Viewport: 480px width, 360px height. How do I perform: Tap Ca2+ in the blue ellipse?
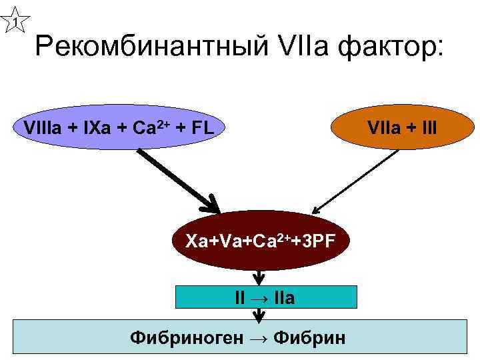[x=150, y=127]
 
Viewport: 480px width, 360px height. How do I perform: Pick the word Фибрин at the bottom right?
[x=313, y=337]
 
